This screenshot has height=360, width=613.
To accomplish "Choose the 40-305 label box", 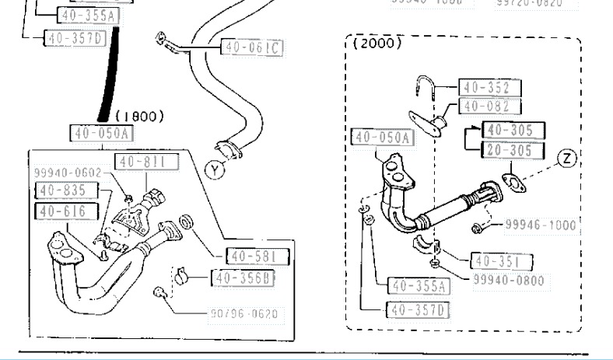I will point(513,131).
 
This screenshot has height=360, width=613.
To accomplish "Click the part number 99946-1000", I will point(539,225).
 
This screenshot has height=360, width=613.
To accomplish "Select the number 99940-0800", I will point(508,280).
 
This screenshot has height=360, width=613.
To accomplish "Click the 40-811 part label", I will point(144,161).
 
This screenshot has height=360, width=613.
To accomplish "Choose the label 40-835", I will point(66,190).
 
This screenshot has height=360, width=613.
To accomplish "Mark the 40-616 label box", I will point(66,211).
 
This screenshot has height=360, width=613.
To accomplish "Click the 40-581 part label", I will point(257,255).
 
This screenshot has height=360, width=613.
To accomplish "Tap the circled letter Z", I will point(568,159).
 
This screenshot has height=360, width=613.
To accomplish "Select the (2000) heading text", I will point(377,44).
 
